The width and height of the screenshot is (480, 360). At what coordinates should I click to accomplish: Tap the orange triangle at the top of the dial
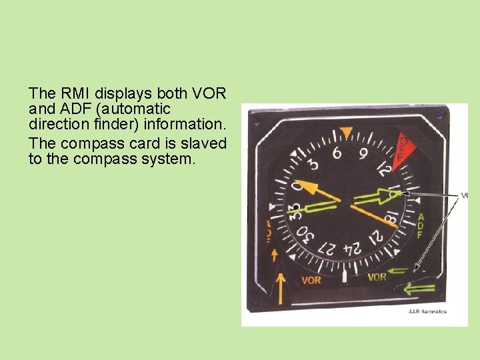[345, 131]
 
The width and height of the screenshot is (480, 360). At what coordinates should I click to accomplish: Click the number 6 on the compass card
[337, 154]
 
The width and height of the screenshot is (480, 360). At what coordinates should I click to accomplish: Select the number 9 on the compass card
[363, 155]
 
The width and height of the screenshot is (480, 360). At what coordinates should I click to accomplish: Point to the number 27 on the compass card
[327, 246]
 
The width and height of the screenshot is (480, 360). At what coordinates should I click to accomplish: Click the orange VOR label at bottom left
[311, 280]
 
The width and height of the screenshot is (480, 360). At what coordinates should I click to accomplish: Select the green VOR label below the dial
[377, 277]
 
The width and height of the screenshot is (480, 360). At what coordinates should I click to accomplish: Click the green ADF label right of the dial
[421, 226]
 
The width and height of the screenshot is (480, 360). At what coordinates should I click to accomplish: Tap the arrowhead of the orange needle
[299, 183]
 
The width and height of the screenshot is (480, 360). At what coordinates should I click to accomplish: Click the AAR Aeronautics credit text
[427, 311]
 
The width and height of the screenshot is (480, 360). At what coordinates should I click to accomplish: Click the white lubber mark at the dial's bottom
[344, 275]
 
